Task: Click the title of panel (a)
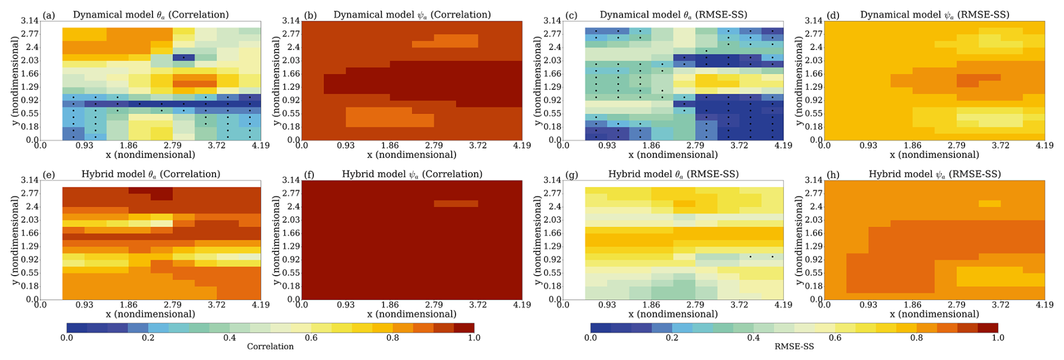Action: [x=151, y=15]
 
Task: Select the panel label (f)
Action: [x=308, y=175]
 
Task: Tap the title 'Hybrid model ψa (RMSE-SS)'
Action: [x=935, y=174]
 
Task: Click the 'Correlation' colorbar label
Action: [x=270, y=346]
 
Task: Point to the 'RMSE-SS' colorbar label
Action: [x=794, y=346]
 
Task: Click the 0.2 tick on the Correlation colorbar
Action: [x=148, y=338]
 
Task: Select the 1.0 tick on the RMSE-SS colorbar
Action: [x=998, y=338]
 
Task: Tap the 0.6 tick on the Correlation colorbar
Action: [x=311, y=338]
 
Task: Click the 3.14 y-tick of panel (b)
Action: [x=291, y=21]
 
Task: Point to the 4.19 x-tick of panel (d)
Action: [x=1044, y=146]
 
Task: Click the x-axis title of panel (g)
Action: [x=673, y=314]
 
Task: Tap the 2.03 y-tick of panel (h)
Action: [x=814, y=220]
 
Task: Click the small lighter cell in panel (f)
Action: [x=456, y=204]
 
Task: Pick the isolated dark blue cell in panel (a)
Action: [x=183, y=57]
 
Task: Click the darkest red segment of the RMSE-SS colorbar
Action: [x=988, y=327]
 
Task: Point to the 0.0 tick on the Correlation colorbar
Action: [x=66, y=338]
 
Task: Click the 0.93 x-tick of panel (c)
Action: [x=607, y=146]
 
